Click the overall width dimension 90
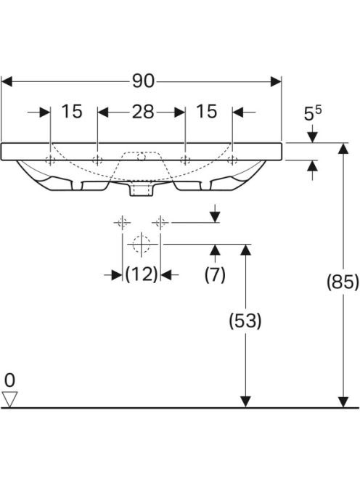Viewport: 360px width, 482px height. pos(143,81)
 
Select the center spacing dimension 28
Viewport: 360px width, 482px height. pos(143,112)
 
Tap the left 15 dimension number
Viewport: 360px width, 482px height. pos(72,111)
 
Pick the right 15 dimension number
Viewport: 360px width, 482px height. pos(207,111)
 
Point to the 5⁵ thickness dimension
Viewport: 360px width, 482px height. pos(312,113)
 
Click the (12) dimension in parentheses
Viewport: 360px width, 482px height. pos(142,274)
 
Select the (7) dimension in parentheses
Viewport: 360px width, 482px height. pos(215,274)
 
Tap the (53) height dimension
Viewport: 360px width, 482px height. pos(245,321)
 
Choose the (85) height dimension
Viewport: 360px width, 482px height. pos(343,282)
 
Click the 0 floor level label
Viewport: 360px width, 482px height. pos(9,380)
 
